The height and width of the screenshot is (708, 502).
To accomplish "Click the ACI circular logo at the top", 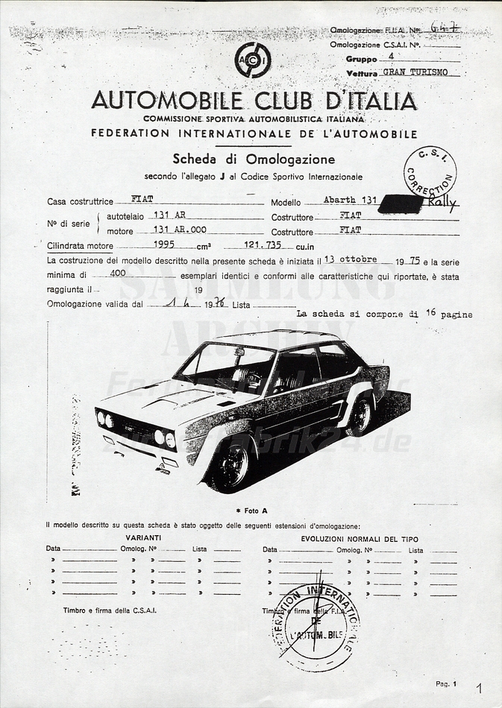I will point(253,60).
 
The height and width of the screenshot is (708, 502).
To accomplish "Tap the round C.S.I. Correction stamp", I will point(430,172).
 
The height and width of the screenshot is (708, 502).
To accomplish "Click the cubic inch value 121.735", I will point(263,244).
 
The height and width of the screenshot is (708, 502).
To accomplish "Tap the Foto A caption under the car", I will point(251,511).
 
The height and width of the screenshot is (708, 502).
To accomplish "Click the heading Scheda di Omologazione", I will point(254,159).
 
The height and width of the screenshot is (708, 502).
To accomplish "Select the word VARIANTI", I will point(143,537).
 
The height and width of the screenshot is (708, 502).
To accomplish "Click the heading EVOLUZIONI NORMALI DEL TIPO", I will point(360,539).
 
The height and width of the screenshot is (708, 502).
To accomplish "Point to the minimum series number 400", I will point(117,273).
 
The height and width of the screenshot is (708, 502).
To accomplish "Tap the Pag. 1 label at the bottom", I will point(446,683).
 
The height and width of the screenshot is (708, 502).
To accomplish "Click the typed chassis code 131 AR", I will point(169,215).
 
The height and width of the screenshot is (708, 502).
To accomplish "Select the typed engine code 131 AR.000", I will point(179,230).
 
